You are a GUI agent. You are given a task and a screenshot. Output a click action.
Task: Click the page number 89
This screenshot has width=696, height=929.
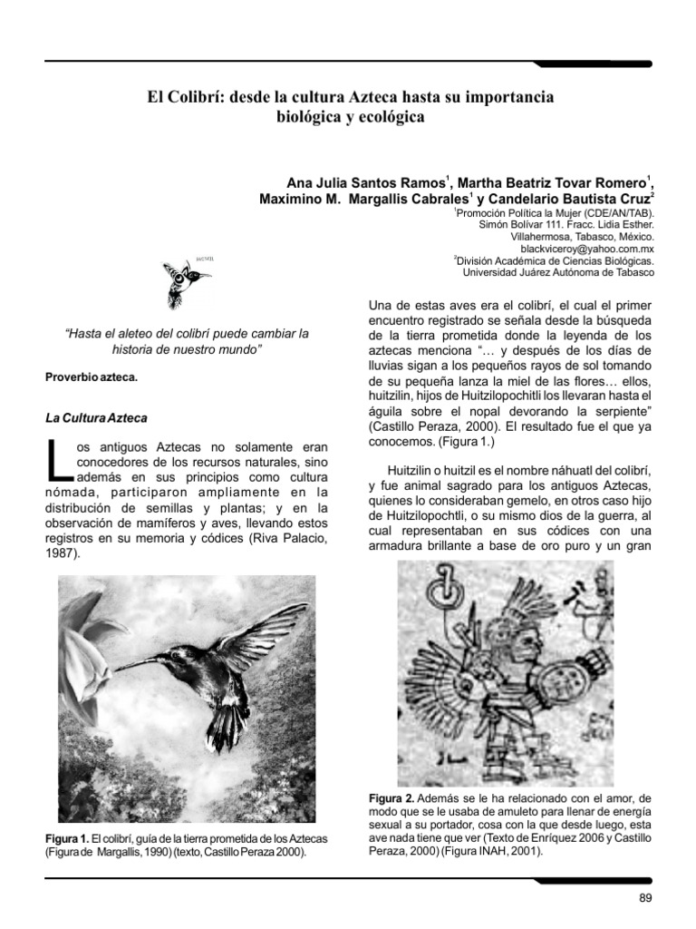click(645, 898)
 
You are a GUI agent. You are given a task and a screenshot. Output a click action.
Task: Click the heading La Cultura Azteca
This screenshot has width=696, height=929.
click(96, 418)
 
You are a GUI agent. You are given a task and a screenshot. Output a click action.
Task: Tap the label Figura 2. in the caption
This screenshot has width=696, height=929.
click(391, 797)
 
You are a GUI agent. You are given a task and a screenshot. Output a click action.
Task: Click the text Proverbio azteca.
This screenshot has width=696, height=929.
click(92, 377)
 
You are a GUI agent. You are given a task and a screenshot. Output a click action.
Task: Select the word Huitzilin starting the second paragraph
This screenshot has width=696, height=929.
click(416, 472)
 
